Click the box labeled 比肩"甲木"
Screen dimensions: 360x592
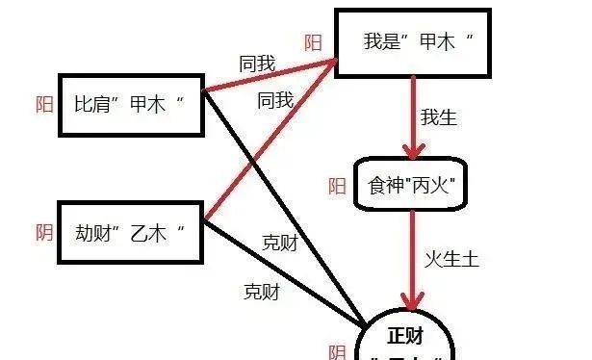click(x=131, y=104)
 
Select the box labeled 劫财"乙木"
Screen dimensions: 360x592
click(x=131, y=232)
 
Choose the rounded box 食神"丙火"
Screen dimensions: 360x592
click(x=410, y=185)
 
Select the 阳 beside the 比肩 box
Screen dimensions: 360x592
click(x=44, y=105)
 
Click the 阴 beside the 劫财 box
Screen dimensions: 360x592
click(x=44, y=232)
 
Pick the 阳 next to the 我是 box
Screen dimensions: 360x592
click(x=313, y=42)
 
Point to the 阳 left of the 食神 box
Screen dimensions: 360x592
click(x=337, y=186)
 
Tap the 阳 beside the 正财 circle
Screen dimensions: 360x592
click(x=337, y=352)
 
